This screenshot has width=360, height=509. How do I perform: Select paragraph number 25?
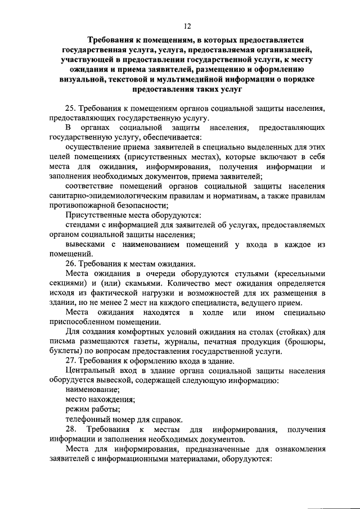coord(71,108)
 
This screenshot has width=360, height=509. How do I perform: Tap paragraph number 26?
coord(71,263)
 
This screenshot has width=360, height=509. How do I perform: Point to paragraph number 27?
coord(71,361)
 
